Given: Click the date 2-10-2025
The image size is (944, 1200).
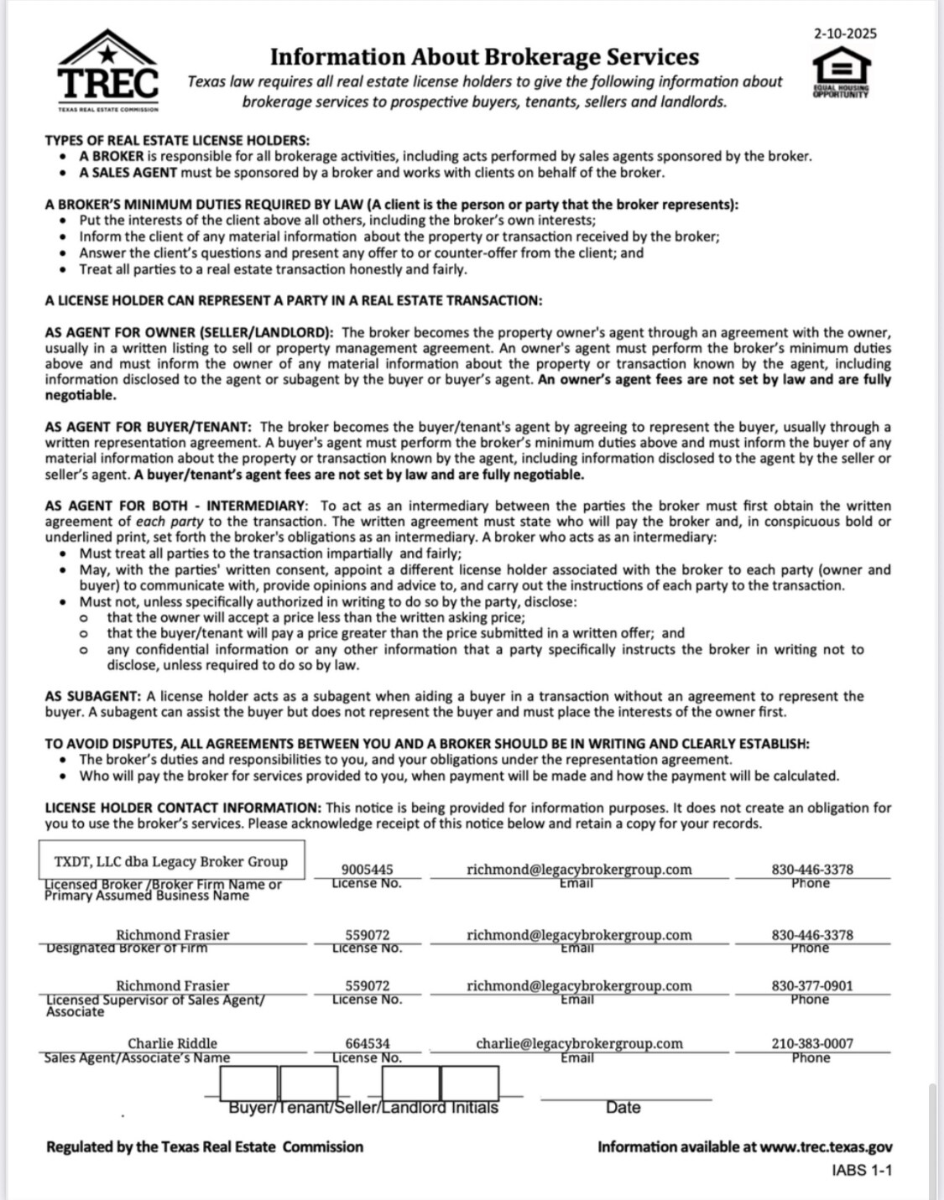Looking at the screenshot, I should point(845,34).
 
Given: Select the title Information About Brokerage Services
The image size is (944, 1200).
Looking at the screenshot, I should point(484,57).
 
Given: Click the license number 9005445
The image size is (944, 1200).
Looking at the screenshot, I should point(367,870).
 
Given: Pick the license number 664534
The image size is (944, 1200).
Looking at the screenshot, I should point(367,1043).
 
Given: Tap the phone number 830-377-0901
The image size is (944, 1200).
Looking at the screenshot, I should point(811,985).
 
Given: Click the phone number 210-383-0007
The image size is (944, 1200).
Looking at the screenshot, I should point(811,1043).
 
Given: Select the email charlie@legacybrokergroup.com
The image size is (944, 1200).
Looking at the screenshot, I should point(579,1043).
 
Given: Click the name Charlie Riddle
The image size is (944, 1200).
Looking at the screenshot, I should point(172,1043).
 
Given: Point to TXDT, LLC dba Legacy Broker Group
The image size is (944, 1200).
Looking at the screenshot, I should point(170,861).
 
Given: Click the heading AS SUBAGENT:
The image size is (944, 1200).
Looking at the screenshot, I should point(93,696).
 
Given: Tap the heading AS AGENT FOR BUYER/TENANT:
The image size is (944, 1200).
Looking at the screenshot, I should point(150,427).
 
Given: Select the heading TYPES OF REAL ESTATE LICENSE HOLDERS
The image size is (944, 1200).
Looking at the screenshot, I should point(177,140).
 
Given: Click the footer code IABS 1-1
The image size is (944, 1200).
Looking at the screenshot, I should point(862,1169).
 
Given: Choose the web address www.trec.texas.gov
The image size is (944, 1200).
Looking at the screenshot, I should point(826,1146).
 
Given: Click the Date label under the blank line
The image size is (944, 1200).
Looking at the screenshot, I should point(623,1108).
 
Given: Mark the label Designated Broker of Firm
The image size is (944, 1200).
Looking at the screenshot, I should point(126,948).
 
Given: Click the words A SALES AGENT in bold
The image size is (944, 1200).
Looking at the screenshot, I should point(128,173).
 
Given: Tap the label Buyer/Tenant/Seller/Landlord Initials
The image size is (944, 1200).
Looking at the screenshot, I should point(363,1108).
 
